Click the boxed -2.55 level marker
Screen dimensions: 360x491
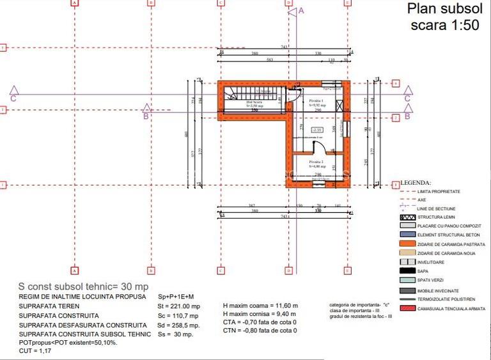[x=316, y=130]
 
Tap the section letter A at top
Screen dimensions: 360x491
[x=301, y=10]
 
